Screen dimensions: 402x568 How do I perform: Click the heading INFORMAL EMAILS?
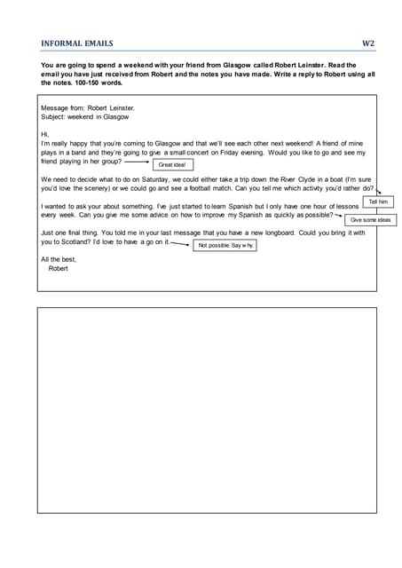coord(77,43)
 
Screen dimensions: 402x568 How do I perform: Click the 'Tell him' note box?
coord(378,202)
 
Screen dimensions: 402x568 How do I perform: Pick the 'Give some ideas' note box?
coord(369,219)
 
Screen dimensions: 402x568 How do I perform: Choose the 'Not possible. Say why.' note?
coord(225,244)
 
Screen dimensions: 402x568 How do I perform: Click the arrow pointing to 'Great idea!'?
coord(137,163)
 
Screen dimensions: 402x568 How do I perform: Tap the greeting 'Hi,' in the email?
coord(45,134)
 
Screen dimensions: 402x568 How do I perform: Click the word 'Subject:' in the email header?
coord(55,116)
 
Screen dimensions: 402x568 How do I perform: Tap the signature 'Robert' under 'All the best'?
coord(58,267)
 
